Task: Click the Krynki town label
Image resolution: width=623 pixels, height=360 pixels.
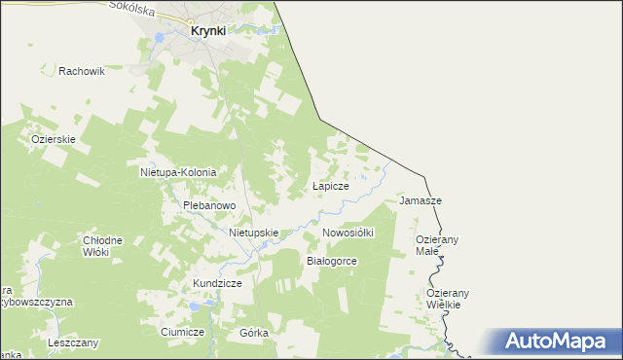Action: point(207,31)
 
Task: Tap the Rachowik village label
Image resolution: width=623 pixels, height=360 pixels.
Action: point(82,71)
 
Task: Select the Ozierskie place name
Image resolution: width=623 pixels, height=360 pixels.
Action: point(53,139)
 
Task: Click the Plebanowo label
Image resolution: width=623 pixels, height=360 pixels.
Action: point(210,205)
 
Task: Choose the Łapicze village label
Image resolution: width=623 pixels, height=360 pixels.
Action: point(330,185)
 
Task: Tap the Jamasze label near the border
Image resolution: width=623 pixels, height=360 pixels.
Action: point(421,200)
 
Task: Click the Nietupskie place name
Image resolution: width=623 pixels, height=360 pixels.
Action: point(254,234)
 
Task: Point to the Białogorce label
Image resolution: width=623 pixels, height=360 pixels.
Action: point(332,262)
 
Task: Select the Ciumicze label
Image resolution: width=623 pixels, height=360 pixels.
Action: point(182,332)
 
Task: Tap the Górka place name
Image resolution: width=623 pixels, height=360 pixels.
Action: point(253,333)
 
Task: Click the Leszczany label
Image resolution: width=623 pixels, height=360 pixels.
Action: point(72,343)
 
